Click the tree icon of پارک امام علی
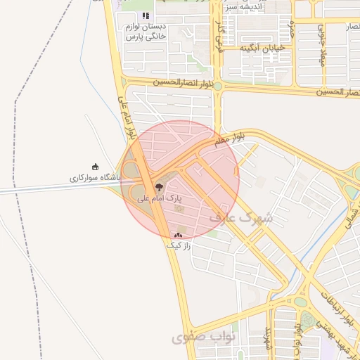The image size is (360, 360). pyautogui.click(x=157, y=188)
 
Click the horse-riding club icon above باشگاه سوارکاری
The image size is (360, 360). pyautogui.click(x=96, y=167)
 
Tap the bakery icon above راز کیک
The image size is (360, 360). pyautogui.click(x=178, y=236)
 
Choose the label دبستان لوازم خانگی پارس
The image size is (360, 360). pyautogui.click(x=144, y=32)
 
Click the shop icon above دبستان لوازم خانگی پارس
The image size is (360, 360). pyautogui.click(x=146, y=15)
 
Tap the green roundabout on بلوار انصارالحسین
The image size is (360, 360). pyautogui.click(x=218, y=86)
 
